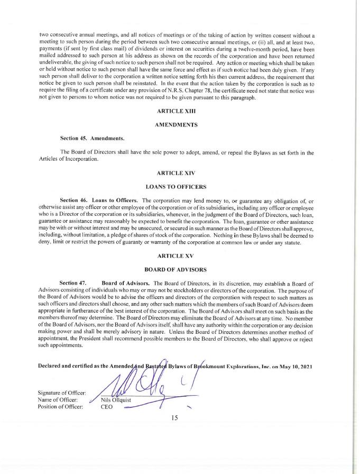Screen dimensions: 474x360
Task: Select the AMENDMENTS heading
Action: tap(177, 125)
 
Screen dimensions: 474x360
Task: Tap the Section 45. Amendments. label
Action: tap(92, 139)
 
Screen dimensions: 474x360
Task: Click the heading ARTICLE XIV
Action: tap(177, 173)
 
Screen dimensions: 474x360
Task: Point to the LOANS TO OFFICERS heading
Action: tap(177, 186)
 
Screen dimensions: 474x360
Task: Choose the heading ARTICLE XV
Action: tap(177, 256)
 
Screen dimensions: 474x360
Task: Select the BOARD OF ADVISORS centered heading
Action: tap(177, 269)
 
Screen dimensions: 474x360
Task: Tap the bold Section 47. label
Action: tap(73, 284)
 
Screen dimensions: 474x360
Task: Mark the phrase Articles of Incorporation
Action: tap(69, 159)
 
